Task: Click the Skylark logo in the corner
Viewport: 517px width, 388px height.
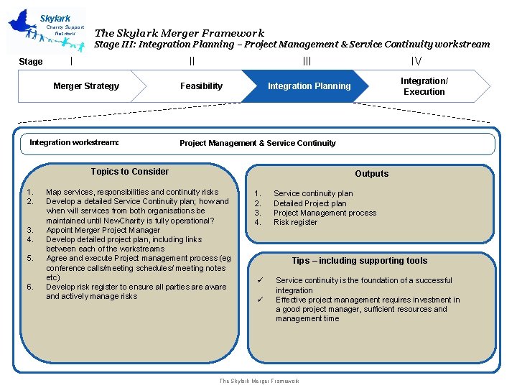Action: coord(47,31)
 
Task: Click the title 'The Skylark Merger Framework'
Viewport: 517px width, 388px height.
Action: coord(180,32)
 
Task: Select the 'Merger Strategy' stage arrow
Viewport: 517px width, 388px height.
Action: coord(86,86)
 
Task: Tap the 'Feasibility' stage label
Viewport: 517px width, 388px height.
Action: coord(201,86)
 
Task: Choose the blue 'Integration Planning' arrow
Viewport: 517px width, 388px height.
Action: coord(309,86)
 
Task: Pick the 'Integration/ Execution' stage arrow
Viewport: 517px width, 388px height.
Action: coord(424,86)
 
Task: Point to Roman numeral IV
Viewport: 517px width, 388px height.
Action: coord(416,62)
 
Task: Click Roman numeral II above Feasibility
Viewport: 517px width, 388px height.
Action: coord(192,62)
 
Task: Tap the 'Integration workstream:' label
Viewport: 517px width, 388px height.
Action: coord(74,142)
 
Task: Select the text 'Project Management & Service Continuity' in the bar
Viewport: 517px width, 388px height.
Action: coord(257,143)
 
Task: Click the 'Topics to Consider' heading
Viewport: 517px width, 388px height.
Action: coord(130,171)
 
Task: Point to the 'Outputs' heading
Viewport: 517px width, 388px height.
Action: coord(371,173)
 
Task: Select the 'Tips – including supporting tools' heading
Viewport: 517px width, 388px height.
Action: coord(359,261)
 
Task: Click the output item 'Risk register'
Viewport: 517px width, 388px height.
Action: coord(295,223)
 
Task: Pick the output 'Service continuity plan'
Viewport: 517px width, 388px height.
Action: coord(313,193)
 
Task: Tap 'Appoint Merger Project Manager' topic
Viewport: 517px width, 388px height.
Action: coord(103,230)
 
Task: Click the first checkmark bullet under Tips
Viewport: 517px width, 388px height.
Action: coord(260,280)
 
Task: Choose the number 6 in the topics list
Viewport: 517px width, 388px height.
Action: coord(29,287)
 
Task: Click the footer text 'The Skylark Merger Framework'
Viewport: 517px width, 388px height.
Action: coord(259,381)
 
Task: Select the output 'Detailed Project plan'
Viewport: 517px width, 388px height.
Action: coord(309,203)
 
